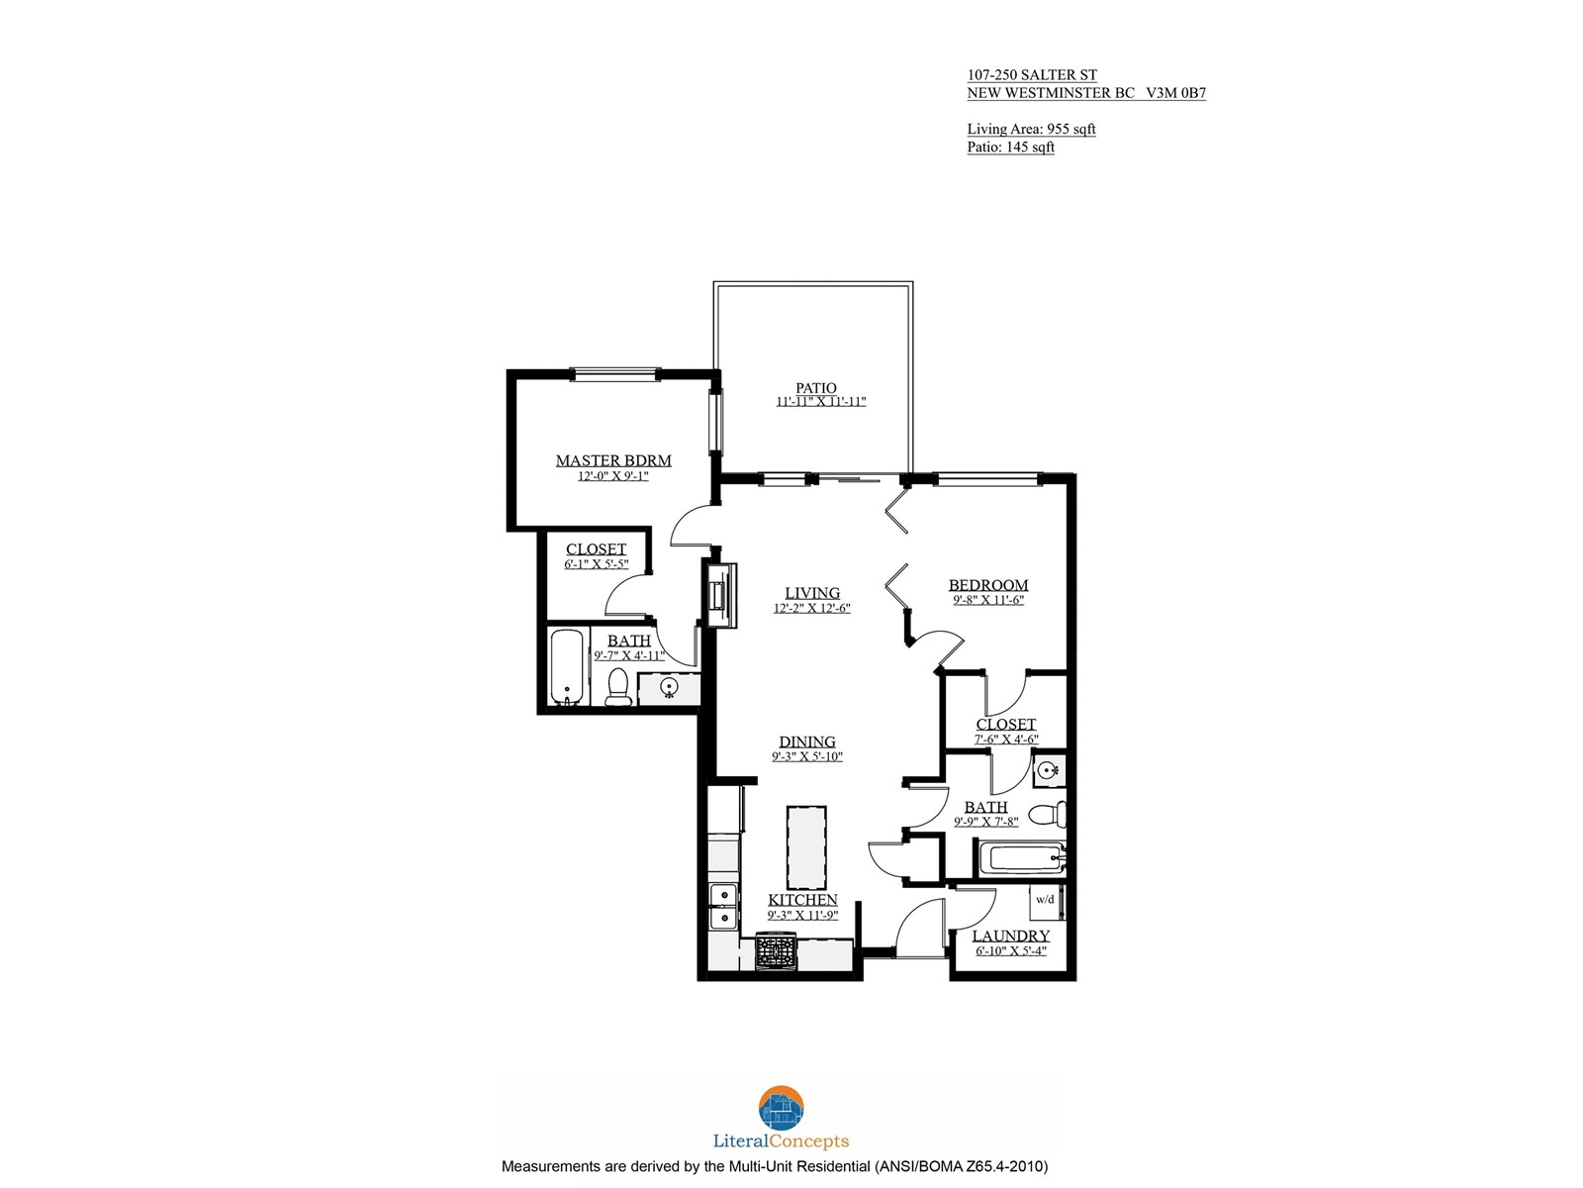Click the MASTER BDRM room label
point(613,460)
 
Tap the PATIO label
point(815,387)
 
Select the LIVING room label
point(812,593)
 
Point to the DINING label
point(807,742)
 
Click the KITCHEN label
point(802,900)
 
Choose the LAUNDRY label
point(1011,936)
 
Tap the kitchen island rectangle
point(806,847)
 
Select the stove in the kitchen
point(776,951)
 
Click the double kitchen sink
point(723,906)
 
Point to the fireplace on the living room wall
point(720,595)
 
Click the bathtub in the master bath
point(567,667)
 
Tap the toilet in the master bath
point(618,687)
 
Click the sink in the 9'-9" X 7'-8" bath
point(1048,771)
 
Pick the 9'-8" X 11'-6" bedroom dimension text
point(988,600)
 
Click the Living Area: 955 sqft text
point(1031,129)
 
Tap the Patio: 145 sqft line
point(1010,148)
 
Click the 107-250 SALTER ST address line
point(1032,75)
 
